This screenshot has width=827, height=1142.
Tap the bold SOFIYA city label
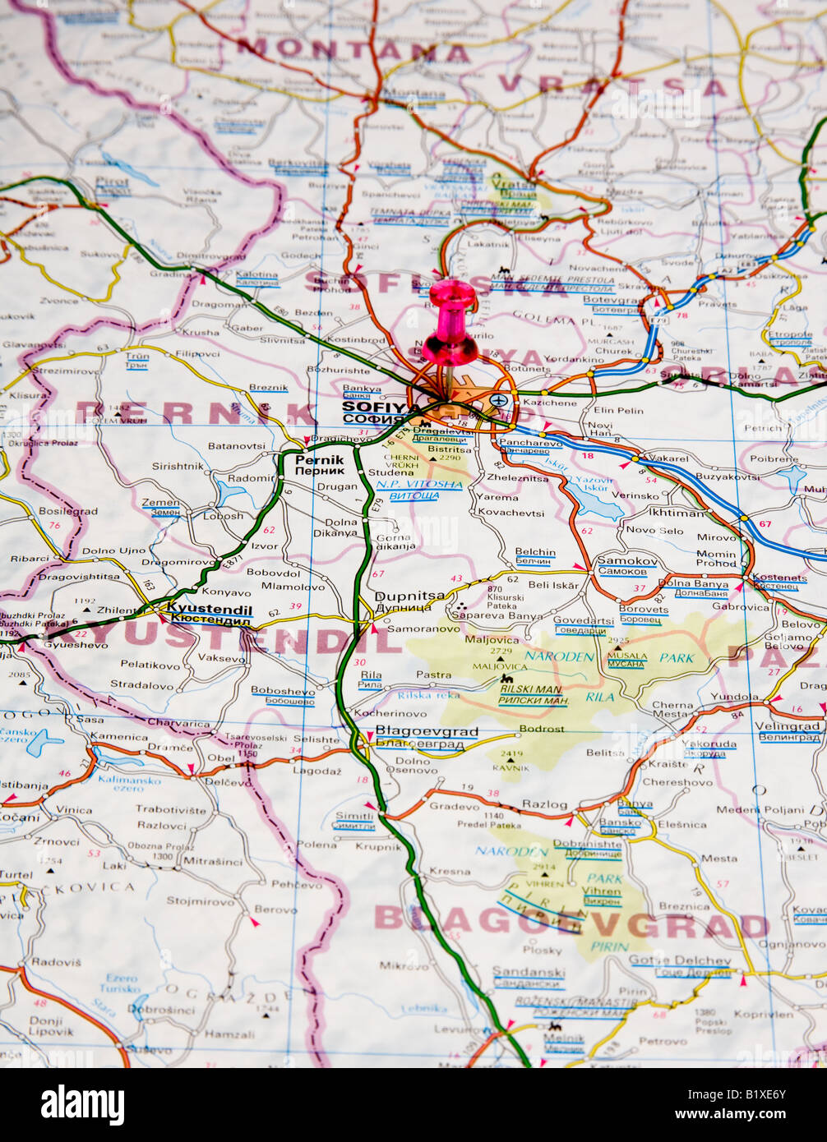tap(375, 407)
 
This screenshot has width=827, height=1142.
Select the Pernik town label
tap(320, 460)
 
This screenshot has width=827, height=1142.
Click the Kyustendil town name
tap(209, 609)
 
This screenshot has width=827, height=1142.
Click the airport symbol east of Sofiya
tap(498, 400)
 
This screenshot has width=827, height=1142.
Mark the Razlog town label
tap(544, 804)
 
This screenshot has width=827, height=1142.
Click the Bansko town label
tap(620, 822)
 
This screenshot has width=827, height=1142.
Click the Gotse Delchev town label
tap(680, 960)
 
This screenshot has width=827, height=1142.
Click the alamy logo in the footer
tap(82, 1105)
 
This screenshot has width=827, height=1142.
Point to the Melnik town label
tap(563, 1038)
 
